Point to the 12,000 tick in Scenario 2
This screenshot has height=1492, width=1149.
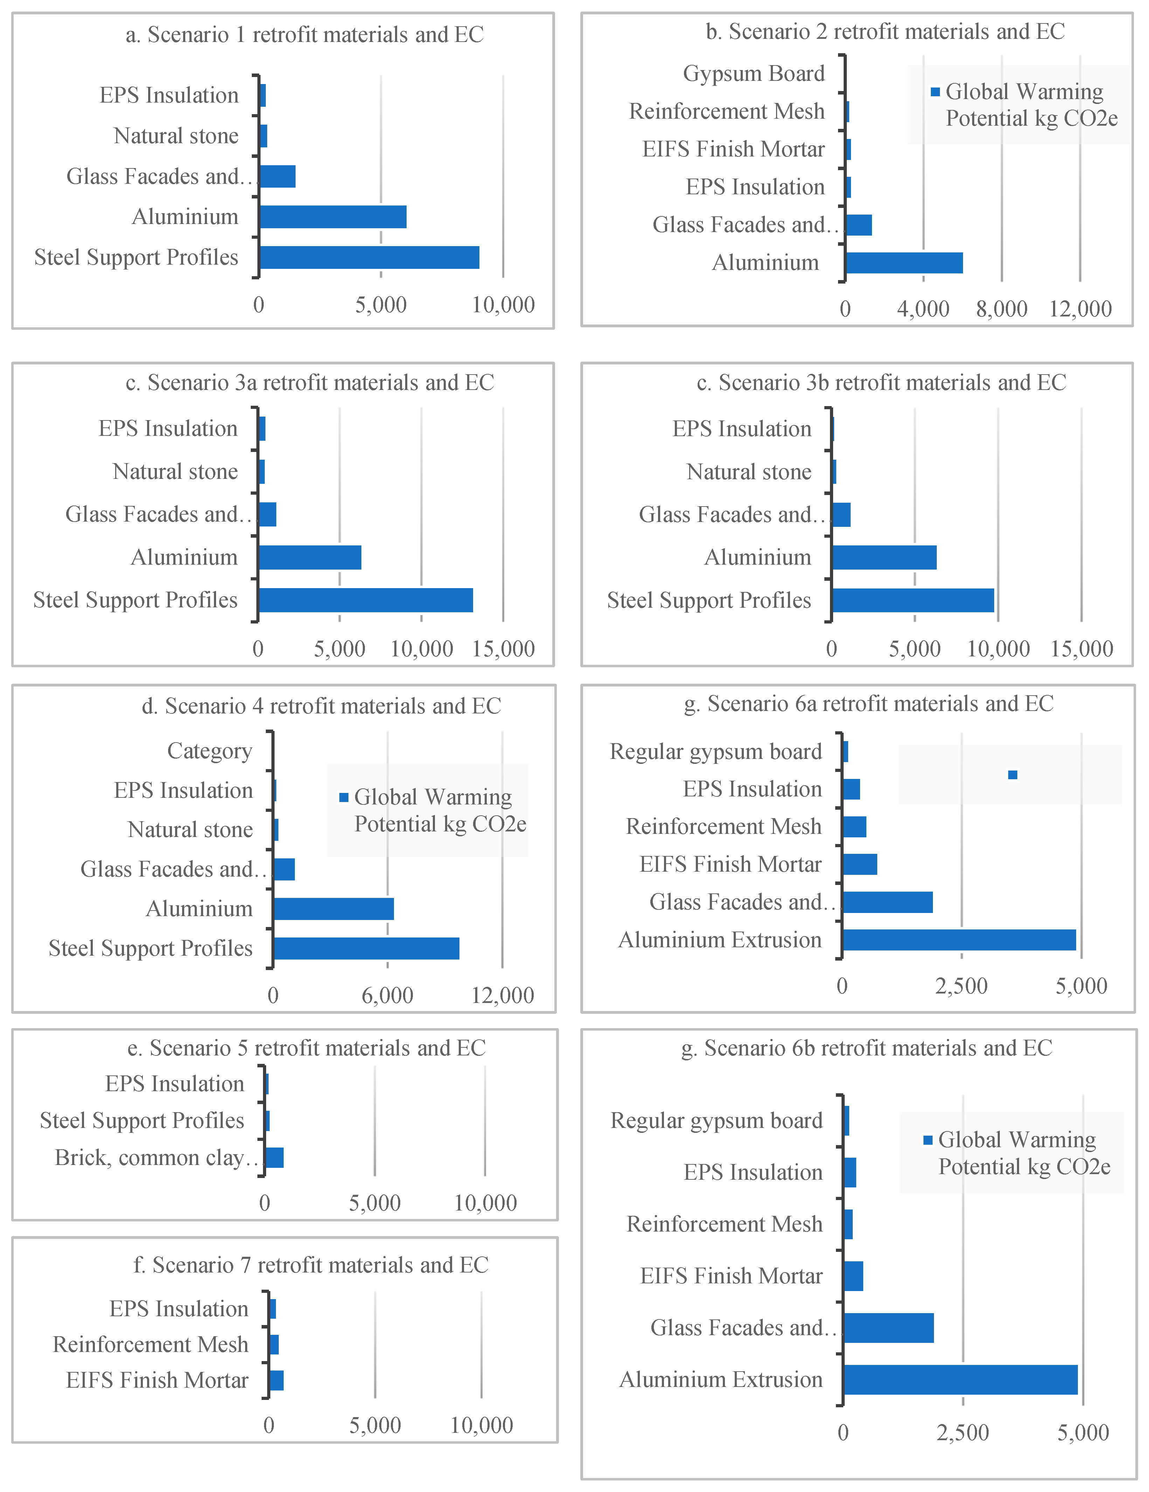click(1080, 309)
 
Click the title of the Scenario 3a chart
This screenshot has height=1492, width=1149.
click(310, 383)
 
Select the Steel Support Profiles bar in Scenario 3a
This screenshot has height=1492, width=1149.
click(366, 600)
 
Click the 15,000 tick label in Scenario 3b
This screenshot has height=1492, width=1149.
click(1081, 649)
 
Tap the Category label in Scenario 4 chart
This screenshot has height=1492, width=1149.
click(210, 751)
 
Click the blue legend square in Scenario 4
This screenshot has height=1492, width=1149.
click(344, 797)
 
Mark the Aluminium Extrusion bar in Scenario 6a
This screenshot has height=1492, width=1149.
click(959, 940)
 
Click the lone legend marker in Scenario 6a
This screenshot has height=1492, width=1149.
click(1012, 775)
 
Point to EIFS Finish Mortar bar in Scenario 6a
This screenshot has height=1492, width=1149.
click(860, 864)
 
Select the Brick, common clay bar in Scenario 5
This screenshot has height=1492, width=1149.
click(274, 1158)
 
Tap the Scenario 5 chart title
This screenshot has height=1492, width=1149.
click(306, 1048)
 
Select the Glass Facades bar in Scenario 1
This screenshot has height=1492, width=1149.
click(277, 176)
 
